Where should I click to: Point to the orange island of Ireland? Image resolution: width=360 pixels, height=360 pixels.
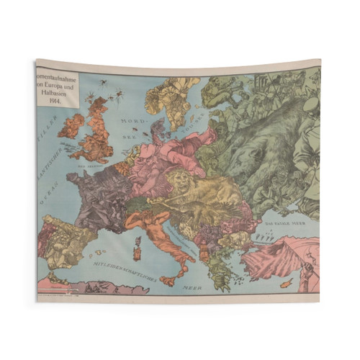72,127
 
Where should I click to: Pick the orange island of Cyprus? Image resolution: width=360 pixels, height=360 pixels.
286,283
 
